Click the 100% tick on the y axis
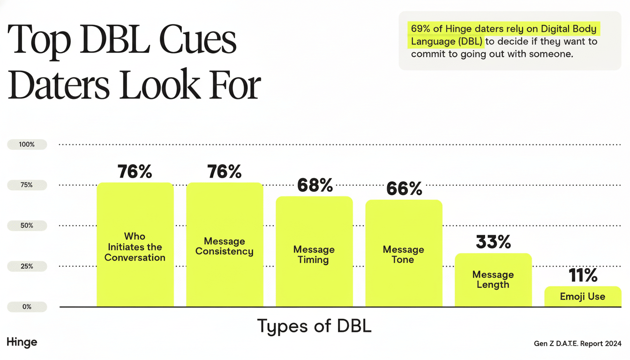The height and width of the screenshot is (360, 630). click(x=27, y=144)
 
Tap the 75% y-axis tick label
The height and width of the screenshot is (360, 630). click(x=27, y=185)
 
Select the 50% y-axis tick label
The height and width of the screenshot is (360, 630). click(x=27, y=225)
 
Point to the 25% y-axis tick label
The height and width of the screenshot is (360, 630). click(x=27, y=266)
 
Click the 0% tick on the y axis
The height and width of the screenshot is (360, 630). click(x=27, y=307)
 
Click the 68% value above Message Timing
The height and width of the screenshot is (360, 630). click(x=315, y=186)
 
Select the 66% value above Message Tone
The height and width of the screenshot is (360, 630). click(x=404, y=189)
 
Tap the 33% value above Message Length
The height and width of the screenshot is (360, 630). click(x=493, y=242)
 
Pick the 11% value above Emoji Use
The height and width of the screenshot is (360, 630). click(x=583, y=276)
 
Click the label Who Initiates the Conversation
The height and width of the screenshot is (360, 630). click(x=135, y=247)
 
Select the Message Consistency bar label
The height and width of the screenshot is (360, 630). click(x=225, y=247)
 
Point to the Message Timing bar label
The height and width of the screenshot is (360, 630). click(x=314, y=255)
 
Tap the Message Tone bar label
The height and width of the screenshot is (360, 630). click(x=403, y=255)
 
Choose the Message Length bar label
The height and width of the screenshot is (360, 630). click(x=493, y=279)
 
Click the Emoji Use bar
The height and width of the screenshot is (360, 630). click(x=583, y=296)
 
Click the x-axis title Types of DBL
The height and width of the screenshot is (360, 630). click(x=314, y=326)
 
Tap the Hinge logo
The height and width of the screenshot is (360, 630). click(x=22, y=342)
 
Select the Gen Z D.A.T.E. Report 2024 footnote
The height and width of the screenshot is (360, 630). click(x=577, y=344)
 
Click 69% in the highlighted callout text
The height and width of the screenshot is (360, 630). click(x=420, y=29)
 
